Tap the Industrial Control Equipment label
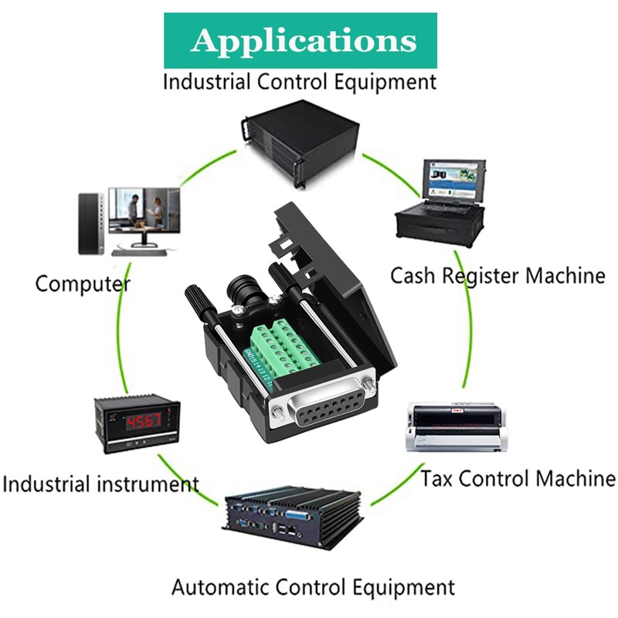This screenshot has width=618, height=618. pos(300,81)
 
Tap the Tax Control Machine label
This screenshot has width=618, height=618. pos(518,478)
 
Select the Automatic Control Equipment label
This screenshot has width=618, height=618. pos(313,586)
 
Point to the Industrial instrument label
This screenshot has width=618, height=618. pos(100,484)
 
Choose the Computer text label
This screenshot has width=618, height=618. pos(83,284)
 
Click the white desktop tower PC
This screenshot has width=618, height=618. pos(90,223)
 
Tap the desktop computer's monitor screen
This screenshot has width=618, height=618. pos(143,209)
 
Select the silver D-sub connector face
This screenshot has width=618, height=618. pos(325,417)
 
